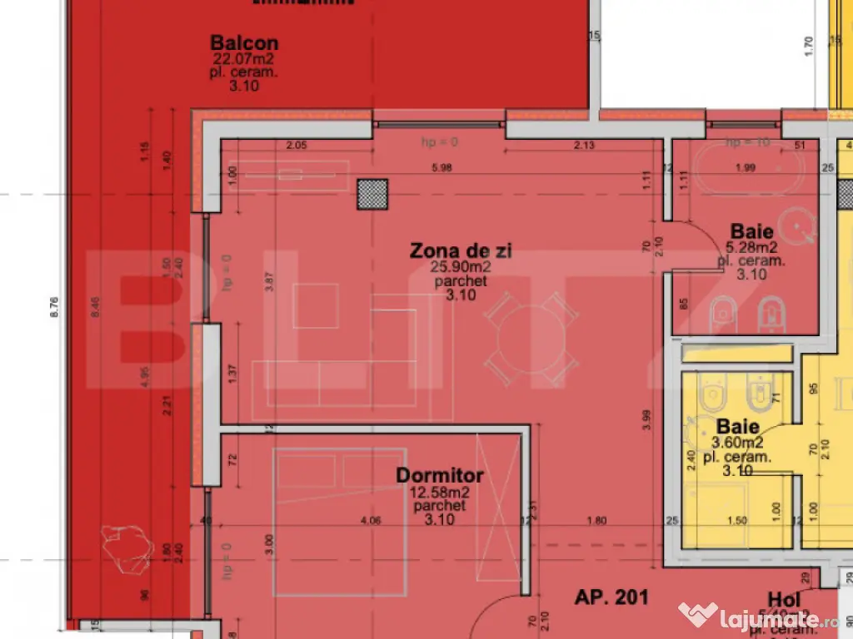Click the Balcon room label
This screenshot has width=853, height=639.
[x=243, y=42]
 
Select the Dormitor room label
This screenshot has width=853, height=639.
[x=439, y=476]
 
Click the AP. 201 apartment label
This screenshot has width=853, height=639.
[x=611, y=597]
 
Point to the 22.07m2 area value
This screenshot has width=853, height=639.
[x=243, y=59]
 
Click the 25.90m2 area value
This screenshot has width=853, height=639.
[x=460, y=267]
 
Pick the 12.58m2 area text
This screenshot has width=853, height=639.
[x=439, y=493]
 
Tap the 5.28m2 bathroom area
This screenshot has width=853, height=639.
[x=751, y=247]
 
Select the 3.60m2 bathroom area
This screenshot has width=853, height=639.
[x=736, y=443]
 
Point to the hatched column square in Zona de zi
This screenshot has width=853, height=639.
[x=372, y=194]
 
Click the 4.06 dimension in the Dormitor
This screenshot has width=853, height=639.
[x=370, y=522]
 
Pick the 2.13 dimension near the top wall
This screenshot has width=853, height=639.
[x=584, y=146]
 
